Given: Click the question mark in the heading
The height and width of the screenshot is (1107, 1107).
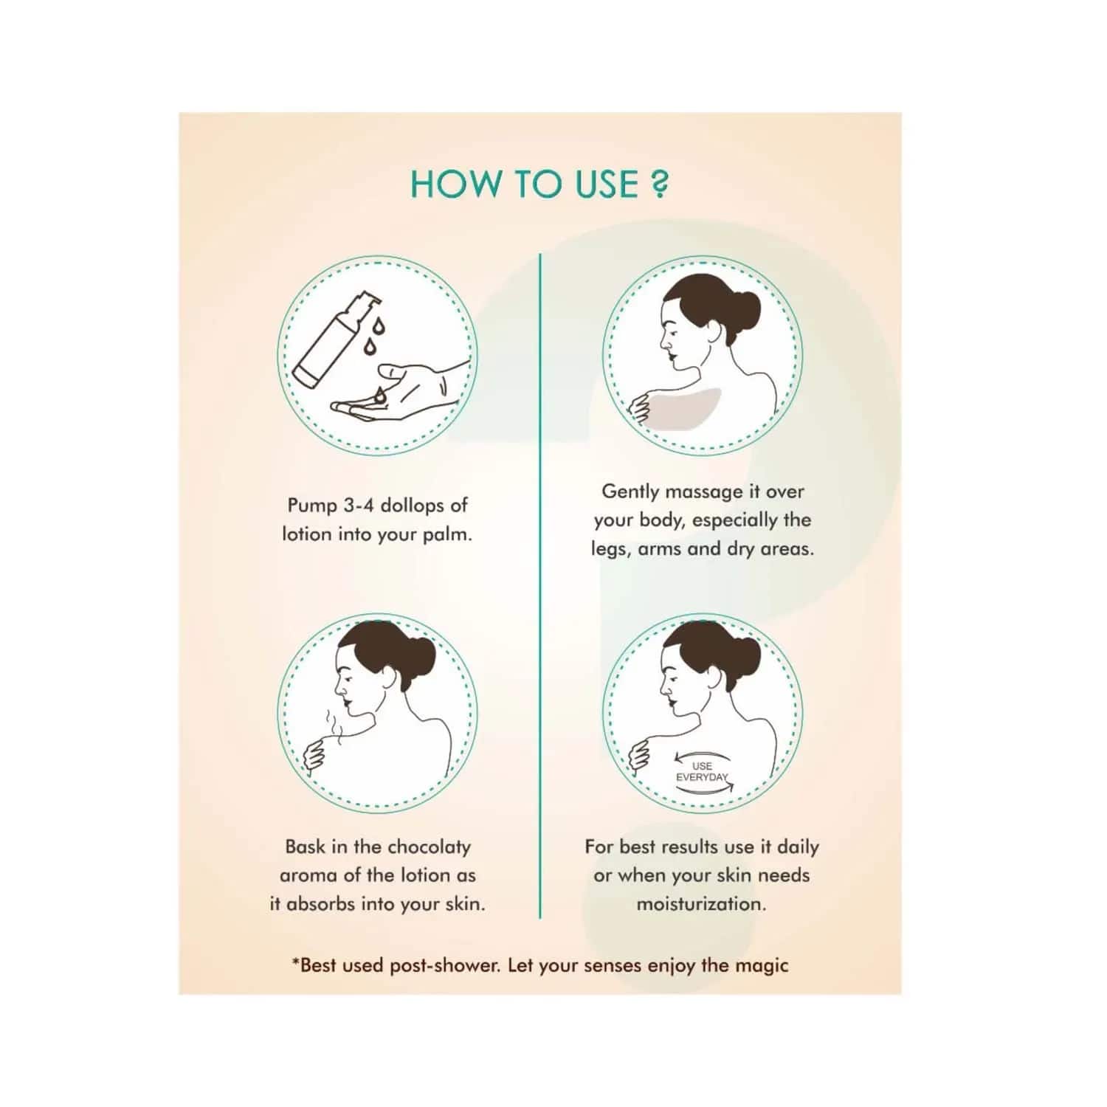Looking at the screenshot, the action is pos(659,184).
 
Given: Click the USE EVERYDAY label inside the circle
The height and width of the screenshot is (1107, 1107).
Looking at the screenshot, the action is pos(702,772).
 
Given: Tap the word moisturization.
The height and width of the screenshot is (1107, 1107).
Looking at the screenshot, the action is pos(701,904).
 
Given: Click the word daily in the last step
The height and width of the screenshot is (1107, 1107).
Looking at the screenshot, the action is pos(798,847).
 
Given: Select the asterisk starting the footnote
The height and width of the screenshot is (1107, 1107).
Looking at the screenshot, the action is pos(296,962).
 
